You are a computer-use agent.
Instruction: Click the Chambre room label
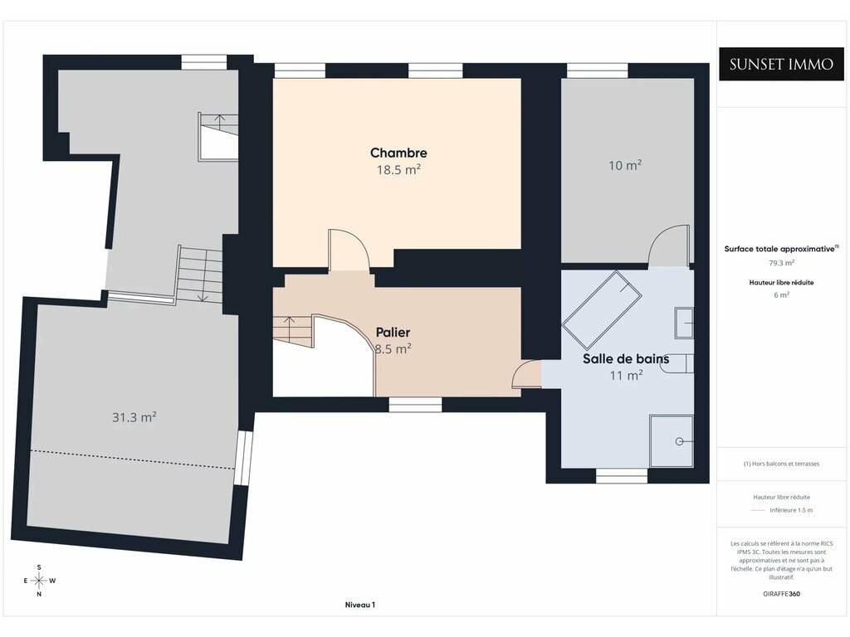(398, 153)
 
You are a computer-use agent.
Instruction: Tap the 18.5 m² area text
(398, 169)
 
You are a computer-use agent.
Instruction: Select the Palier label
(393, 332)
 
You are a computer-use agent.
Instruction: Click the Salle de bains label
(626, 358)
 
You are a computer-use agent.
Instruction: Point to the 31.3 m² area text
(134, 417)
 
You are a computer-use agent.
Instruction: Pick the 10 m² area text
(625, 165)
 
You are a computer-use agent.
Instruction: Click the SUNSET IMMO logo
(781, 65)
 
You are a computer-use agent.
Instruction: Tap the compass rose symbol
(39, 581)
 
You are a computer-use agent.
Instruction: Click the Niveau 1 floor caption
(360, 605)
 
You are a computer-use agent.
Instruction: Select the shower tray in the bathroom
(672, 440)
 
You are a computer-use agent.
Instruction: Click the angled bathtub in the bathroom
(602, 310)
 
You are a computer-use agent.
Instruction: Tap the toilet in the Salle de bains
(677, 363)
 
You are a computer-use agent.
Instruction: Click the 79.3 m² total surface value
(781, 263)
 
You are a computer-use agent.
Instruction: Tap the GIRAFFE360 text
(781, 594)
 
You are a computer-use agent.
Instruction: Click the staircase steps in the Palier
(293, 330)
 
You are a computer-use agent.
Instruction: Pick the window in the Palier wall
(415, 404)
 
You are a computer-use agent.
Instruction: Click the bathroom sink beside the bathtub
(684, 323)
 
